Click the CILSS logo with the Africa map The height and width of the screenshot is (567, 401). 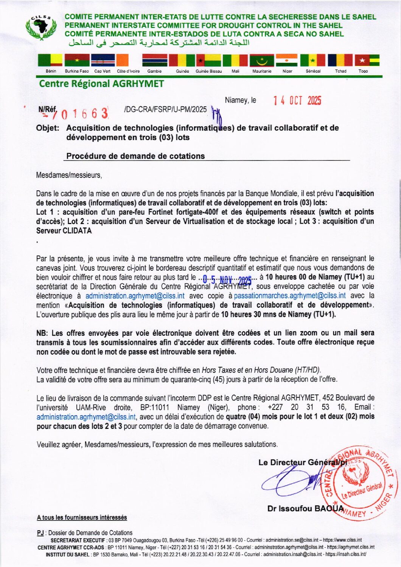pyautogui.click(x=41, y=27)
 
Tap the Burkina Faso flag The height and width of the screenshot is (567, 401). pyautogui.click(x=77, y=60)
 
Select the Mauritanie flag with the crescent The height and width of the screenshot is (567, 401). pyautogui.click(x=261, y=60)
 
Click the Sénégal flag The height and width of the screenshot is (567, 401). pyautogui.click(x=313, y=60)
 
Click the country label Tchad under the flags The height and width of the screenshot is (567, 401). pyautogui.click(x=340, y=71)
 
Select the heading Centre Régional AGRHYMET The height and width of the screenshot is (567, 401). pyautogui.click(x=101, y=84)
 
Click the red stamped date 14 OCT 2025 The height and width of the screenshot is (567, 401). pyautogui.click(x=297, y=101)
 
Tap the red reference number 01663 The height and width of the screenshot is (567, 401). pyautogui.click(x=84, y=113)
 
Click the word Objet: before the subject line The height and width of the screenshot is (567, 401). pyautogui.click(x=48, y=128)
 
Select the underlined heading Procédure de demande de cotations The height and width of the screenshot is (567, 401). pyautogui.click(x=135, y=156)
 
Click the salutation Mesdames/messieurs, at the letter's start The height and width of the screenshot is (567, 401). pyautogui.click(x=69, y=175)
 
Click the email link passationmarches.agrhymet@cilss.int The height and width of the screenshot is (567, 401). pyautogui.click(x=290, y=296)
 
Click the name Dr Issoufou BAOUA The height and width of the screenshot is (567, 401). pyautogui.click(x=305, y=508)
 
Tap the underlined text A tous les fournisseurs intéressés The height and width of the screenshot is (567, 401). pyautogui.click(x=82, y=517)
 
